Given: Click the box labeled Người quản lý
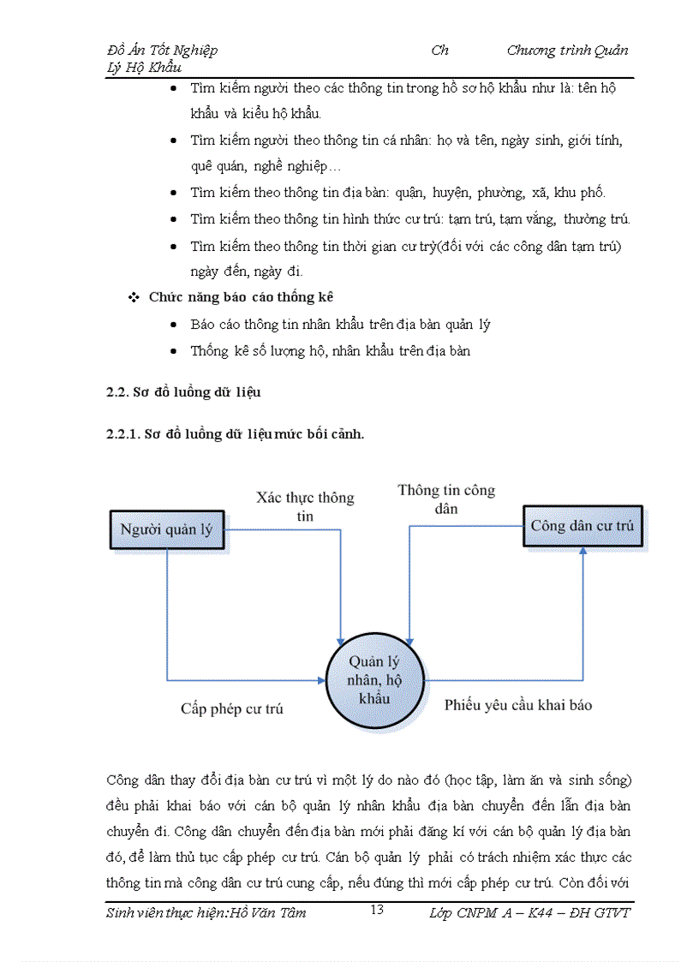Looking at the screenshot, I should click(166, 529).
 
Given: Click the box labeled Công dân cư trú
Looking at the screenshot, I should click(582, 525).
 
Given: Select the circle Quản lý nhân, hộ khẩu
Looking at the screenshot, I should click(374, 680).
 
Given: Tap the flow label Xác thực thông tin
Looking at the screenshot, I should click(305, 506).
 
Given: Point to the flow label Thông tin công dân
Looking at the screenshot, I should click(446, 499).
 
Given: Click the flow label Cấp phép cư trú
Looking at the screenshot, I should click(231, 708).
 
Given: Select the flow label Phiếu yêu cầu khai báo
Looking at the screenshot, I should click(518, 705).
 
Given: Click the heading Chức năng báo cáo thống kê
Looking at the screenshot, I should click(241, 297).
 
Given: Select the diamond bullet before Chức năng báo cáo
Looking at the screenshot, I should click(133, 298).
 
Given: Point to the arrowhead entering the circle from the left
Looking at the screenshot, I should click(322, 681).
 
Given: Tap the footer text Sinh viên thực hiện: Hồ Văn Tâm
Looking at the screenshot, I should click(206, 912).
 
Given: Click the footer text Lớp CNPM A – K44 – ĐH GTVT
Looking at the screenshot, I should click(529, 912).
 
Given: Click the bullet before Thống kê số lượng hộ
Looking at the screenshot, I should click(175, 351).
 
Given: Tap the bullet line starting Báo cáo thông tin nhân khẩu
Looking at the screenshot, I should click(340, 325).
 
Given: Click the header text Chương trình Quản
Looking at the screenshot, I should click(567, 50).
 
